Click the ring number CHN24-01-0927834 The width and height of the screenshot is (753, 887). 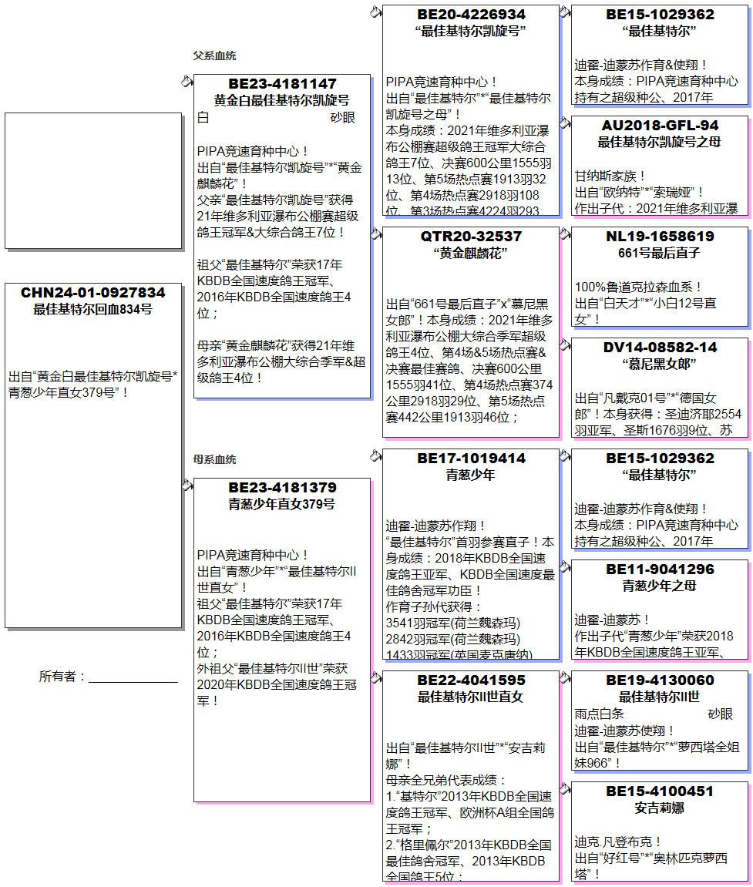(x=92, y=293)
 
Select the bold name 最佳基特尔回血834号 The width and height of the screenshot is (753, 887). (x=92, y=310)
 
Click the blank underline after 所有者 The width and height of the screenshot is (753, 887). (x=133, y=678)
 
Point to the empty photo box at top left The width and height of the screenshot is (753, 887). (x=92, y=180)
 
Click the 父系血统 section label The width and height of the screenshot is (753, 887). (x=214, y=56)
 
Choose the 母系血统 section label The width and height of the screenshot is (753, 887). (x=214, y=460)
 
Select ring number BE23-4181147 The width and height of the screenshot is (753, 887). (x=282, y=83)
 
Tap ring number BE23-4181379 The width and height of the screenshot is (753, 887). (x=282, y=487)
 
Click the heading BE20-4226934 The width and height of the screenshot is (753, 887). (x=471, y=14)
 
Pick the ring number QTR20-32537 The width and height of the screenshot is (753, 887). (x=471, y=236)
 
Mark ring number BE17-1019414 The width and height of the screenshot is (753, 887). (x=471, y=458)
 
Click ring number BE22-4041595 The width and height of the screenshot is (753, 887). (x=471, y=680)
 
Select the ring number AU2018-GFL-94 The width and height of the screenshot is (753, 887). (x=660, y=125)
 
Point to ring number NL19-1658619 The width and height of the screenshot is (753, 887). (x=660, y=236)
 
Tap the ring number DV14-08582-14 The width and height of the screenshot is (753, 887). (x=660, y=347)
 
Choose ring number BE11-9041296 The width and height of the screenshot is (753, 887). (x=660, y=569)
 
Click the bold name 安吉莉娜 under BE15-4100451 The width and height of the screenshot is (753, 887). (x=660, y=808)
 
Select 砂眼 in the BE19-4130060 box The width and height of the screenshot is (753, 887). (x=721, y=714)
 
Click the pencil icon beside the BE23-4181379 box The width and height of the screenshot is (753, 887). (x=187, y=484)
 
